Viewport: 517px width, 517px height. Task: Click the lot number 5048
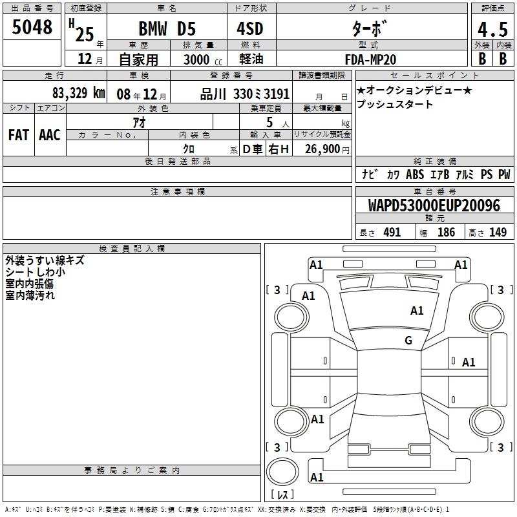(x=32, y=27)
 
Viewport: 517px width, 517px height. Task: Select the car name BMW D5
(x=167, y=28)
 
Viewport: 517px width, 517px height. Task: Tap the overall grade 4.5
(x=492, y=29)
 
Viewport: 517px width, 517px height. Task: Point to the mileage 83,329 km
(x=78, y=93)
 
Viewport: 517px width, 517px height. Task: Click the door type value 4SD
(x=250, y=28)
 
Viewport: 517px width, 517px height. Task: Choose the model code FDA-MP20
(x=370, y=59)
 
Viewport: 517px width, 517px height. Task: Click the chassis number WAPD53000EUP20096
(x=434, y=206)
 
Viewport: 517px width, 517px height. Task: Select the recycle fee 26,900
(x=322, y=149)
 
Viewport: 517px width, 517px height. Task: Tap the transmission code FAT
(x=19, y=135)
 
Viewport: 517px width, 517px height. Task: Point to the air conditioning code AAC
(x=50, y=135)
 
